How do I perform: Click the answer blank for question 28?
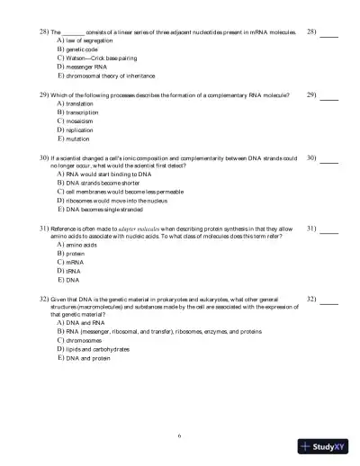(x=329, y=34)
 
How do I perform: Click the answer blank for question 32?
(x=329, y=300)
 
